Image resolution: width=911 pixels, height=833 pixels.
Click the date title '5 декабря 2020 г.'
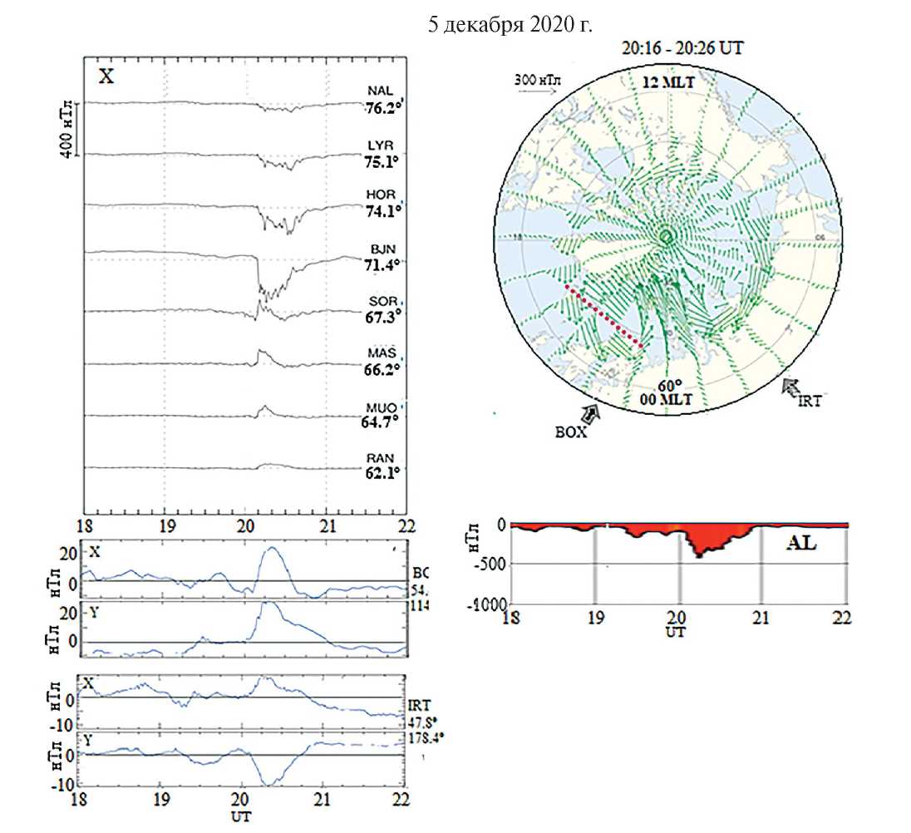pos(510,25)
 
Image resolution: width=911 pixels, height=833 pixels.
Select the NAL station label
pos(381,91)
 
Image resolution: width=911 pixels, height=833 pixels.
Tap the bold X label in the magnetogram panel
pos(106,76)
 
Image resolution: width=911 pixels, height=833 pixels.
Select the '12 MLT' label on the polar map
pos(667,83)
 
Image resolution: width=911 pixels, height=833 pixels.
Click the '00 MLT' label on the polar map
pos(667,400)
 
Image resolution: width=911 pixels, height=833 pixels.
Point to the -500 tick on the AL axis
pos(490,564)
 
